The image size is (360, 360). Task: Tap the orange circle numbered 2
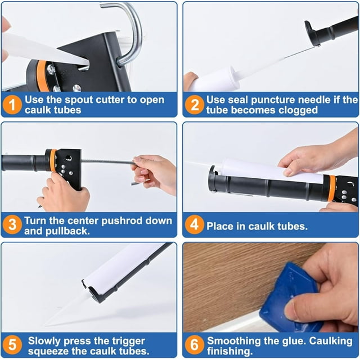point(195,105)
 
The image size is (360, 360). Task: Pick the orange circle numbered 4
point(195,226)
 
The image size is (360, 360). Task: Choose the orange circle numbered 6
point(195,345)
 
